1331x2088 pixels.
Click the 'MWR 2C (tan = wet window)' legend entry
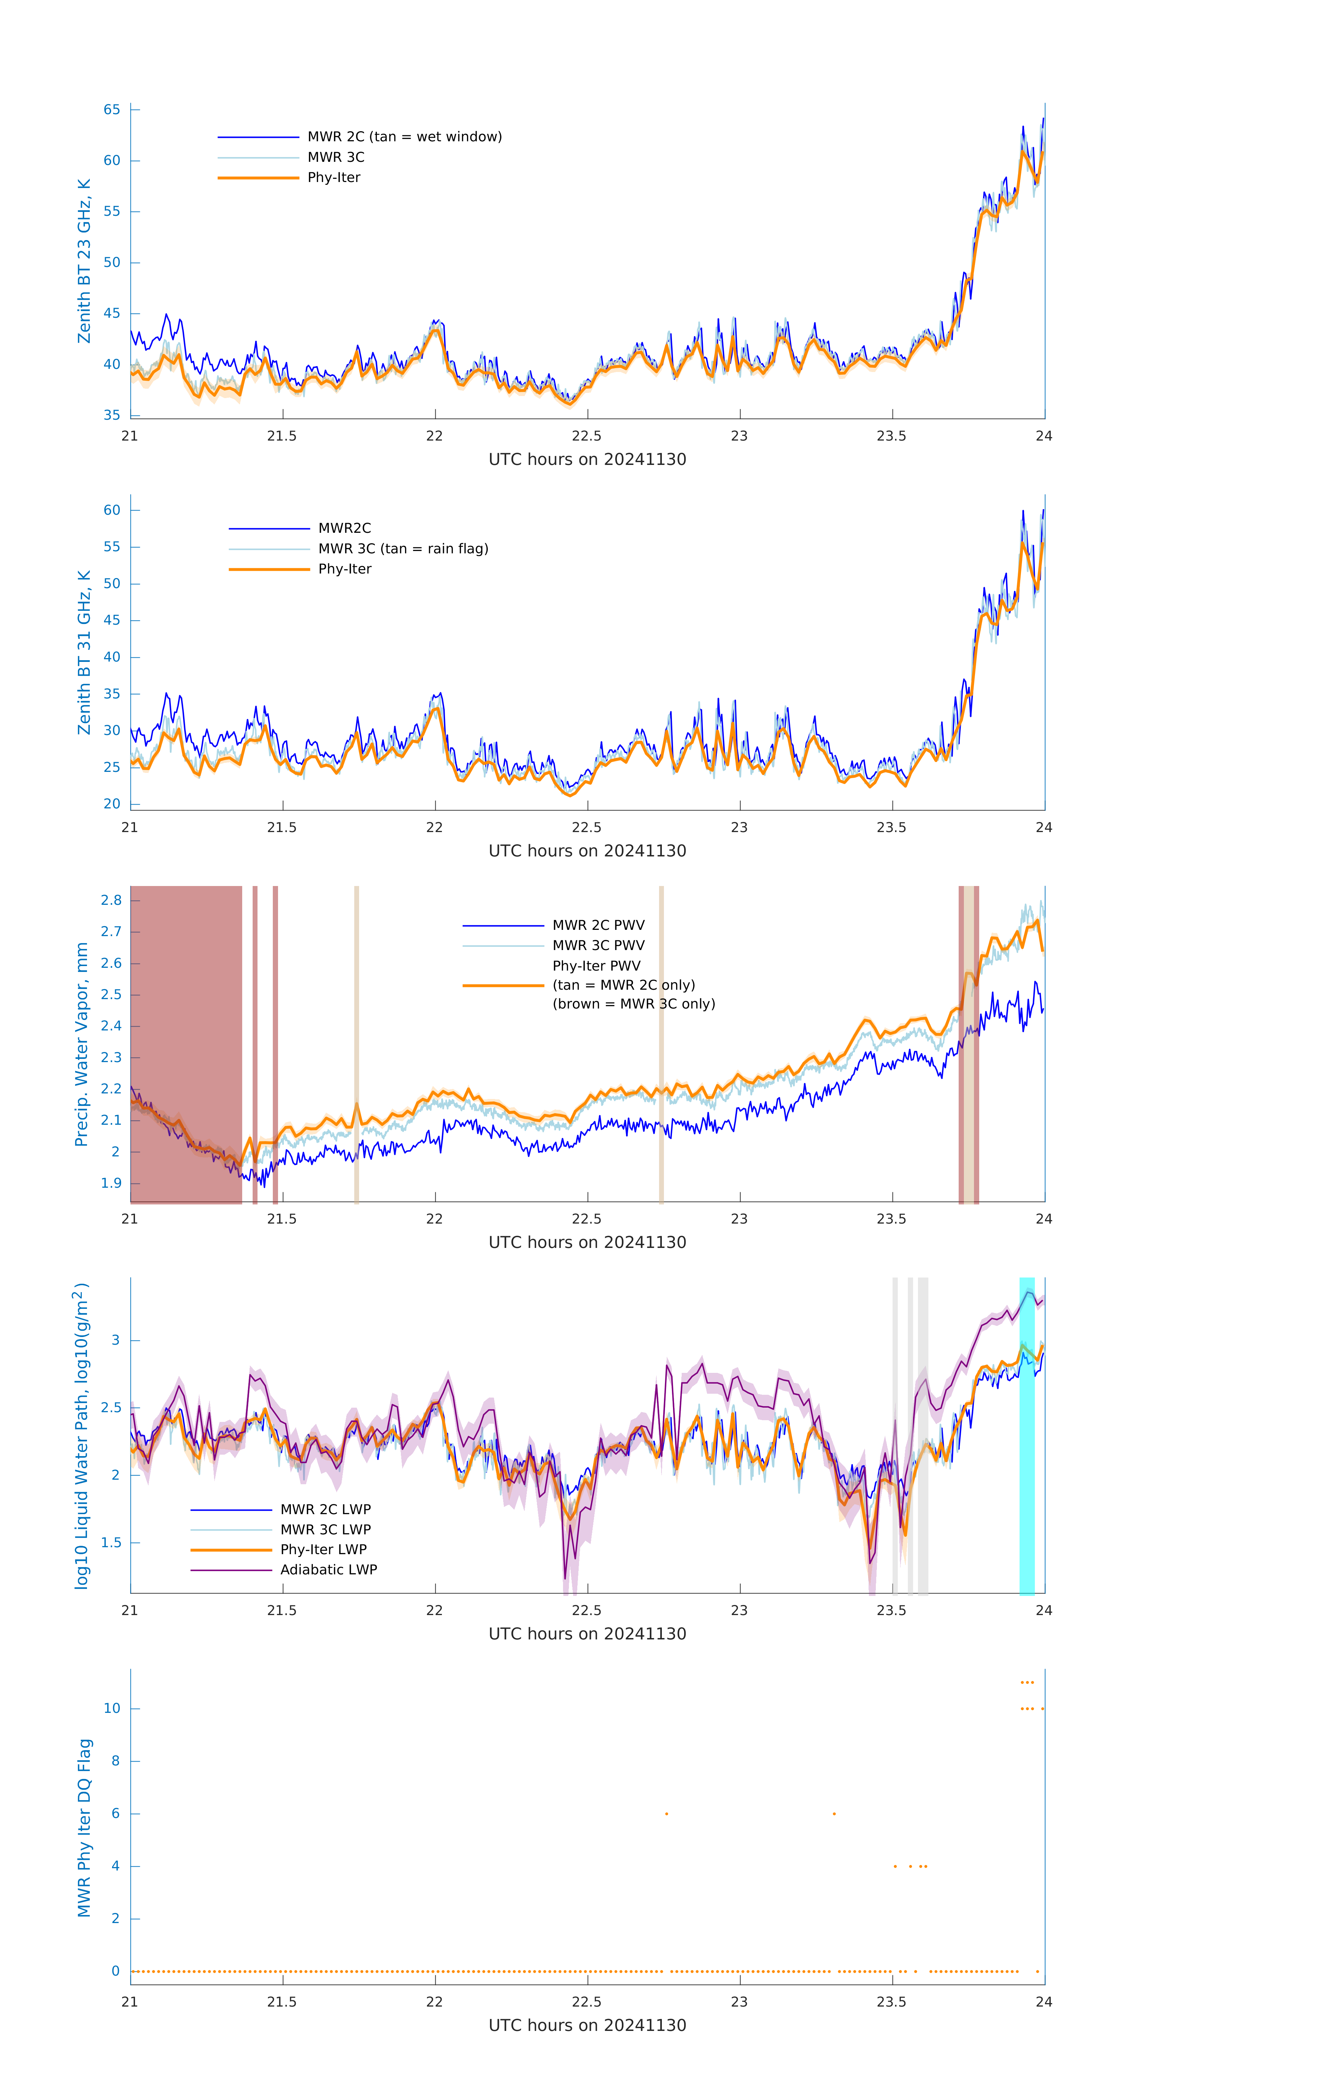tap(404, 137)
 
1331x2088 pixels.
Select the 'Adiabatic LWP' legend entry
tap(328, 1569)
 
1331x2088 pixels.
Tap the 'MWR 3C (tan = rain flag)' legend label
tap(403, 549)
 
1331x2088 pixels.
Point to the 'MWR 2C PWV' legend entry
tap(598, 925)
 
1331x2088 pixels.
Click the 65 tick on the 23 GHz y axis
tap(112, 109)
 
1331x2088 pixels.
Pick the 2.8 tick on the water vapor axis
tap(111, 900)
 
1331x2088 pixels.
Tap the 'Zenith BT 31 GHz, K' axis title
tap(84, 652)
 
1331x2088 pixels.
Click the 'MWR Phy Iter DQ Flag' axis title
tap(84, 1828)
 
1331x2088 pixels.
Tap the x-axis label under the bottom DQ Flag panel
tap(587, 2026)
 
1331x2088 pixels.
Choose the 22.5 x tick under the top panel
tap(587, 436)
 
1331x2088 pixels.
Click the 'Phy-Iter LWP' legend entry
tap(323, 1550)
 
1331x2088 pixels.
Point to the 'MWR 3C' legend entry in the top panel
tap(335, 157)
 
